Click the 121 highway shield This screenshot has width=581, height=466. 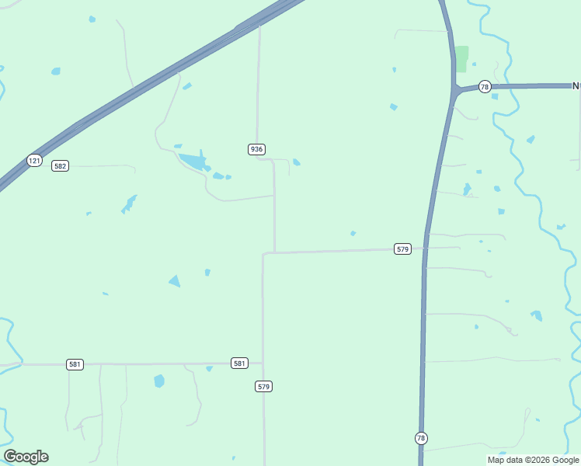coord(33,161)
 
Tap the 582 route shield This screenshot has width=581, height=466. coord(60,165)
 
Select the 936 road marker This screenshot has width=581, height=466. coord(257,149)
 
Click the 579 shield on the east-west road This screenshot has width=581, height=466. coord(402,249)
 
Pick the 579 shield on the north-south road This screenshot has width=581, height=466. coord(264,386)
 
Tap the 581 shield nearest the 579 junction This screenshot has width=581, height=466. coord(239,363)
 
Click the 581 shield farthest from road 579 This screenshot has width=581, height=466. coord(75,364)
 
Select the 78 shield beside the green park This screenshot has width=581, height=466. coord(485,87)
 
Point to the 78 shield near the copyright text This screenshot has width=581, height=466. coord(421,438)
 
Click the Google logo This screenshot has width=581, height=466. coord(26,457)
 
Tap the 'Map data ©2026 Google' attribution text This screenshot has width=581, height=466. coord(534,460)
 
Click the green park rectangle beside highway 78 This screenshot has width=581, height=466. coord(462,58)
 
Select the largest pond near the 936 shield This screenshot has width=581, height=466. coord(193,162)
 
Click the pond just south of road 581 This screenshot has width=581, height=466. coord(159,381)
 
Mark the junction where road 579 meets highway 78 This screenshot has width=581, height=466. coord(425,249)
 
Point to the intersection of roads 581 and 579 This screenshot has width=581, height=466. coord(263,363)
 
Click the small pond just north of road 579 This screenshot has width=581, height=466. coord(353,233)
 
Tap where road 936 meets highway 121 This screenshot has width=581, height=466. coord(259,26)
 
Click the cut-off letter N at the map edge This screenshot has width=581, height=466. coord(576,86)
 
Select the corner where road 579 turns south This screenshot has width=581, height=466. coord(265,253)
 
